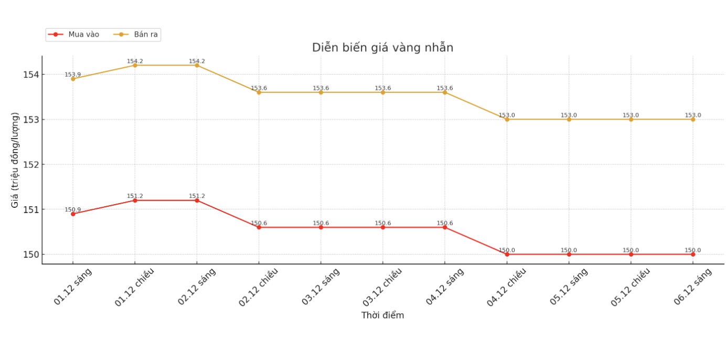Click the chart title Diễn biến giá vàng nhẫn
382,48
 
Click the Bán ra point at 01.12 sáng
73,79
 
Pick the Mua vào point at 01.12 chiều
135,200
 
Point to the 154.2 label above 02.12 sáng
197,61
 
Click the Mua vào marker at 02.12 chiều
259,227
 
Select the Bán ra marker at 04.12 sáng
445,92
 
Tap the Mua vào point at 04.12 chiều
507,255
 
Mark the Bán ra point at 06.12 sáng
692,119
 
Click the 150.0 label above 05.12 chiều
631,250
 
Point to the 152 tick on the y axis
31,165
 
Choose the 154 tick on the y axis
31,75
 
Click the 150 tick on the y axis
31,255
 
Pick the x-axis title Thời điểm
382,315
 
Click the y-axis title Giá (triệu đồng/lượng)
15,160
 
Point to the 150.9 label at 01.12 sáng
73,210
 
